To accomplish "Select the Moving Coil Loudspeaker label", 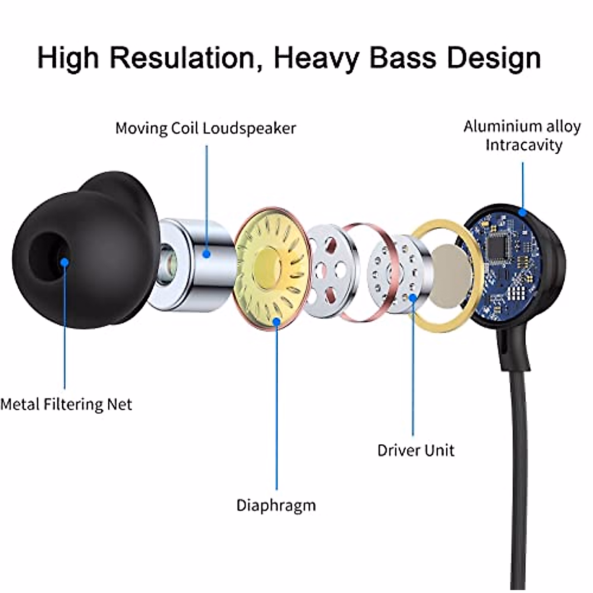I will tap(206, 128).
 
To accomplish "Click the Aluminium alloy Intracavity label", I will tap(522, 135).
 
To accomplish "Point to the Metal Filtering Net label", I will tap(66, 404).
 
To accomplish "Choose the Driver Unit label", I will tap(416, 450).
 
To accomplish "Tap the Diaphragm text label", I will tap(276, 505).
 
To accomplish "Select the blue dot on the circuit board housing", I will tap(522, 213).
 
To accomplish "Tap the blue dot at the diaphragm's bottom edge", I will tap(277, 322).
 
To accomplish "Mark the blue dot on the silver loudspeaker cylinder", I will tap(207, 254).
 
